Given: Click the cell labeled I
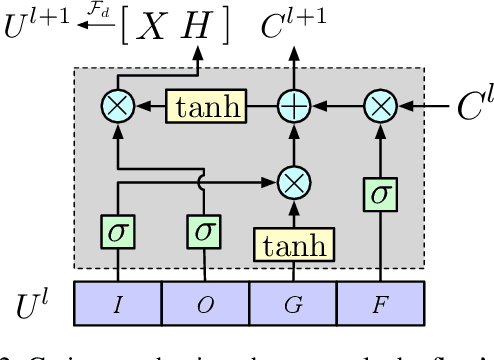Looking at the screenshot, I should (x=118, y=305).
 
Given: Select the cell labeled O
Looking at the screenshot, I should (x=205, y=305).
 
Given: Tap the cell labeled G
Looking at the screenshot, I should (x=293, y=305).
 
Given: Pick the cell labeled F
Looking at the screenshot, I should (x=380, y=305).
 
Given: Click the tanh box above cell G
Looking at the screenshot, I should (x=293, y=244).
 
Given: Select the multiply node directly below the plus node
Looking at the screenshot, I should (x=293, y=182).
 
